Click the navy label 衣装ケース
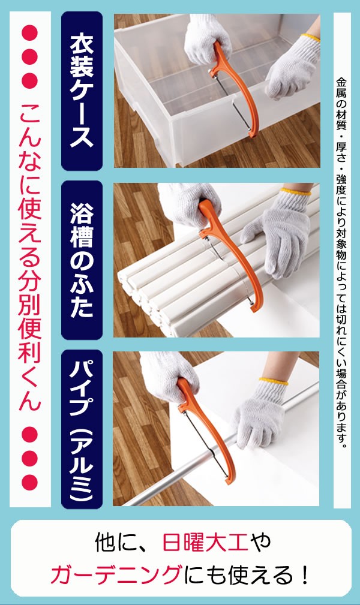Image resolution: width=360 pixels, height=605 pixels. [x=82, y=91]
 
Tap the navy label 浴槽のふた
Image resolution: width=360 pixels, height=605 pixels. [x=82, y=260]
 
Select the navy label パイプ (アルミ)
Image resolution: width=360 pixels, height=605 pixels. [x=82, y=429]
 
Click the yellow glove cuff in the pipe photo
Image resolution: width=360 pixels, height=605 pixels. [x=274, y=381]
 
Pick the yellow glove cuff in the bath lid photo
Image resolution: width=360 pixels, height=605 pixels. [x=295, y=191]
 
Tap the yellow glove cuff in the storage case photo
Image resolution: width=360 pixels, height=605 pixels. [x=311, y=37]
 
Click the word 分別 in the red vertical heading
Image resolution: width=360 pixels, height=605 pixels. [x=30, y=303]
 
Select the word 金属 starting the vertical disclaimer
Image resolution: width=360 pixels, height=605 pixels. [x=341, y=88]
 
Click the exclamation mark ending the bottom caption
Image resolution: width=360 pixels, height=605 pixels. [x=305, y=575]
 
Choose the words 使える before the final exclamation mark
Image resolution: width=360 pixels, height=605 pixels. [x=250, y=575]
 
